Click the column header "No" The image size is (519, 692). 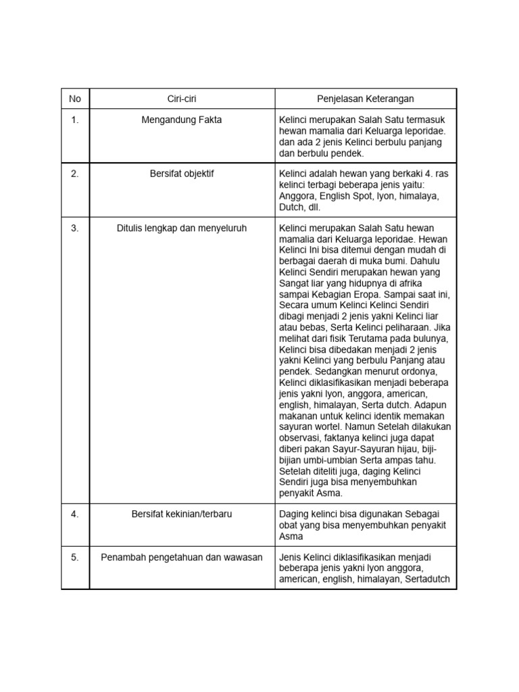click(75, 99)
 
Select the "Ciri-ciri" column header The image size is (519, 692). click(182, 99)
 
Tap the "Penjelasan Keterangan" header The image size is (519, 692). click(366, 99)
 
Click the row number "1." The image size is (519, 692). click(75, 120)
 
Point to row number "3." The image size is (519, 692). click(75, 228)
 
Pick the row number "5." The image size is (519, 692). click(75, 558)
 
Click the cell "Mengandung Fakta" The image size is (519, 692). click(182, 120)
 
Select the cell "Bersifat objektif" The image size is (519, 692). click(182, 174)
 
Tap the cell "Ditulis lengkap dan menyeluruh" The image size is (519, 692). click(182, 228)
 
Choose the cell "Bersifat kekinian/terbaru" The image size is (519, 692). click(182, 514)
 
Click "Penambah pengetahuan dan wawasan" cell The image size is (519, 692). click(182, 558)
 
